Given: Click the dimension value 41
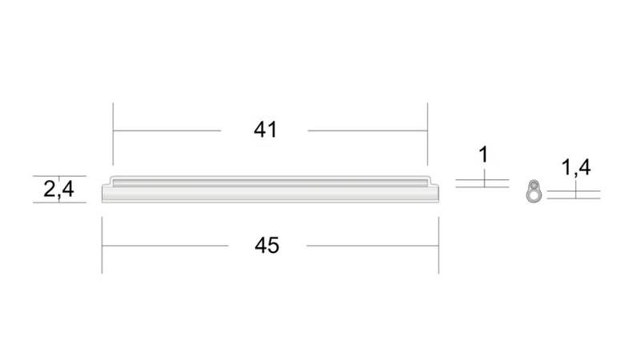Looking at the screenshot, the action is pos(265,130).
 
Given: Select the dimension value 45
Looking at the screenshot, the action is pos(266,245).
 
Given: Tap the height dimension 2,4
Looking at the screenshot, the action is pos(58,189).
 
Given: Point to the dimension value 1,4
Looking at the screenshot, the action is pos(576,167).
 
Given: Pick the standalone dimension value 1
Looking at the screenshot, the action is pos(483,154).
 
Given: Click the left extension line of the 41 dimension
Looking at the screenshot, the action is pos(113,134).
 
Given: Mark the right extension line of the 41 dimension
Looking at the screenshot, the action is pos(427,134).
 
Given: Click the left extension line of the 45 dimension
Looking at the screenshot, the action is pos(102,245).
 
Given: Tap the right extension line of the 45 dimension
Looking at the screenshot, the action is pos(439,245).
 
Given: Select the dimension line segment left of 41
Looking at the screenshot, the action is pos(166,130).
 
